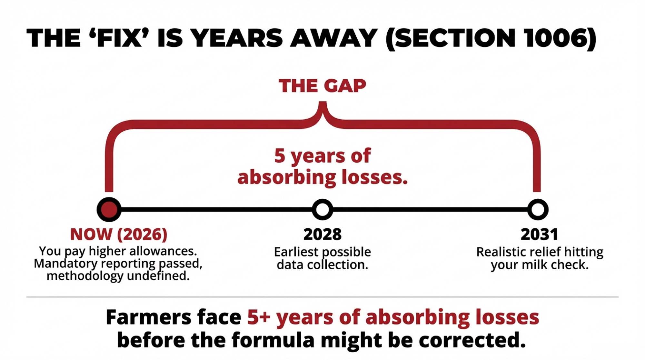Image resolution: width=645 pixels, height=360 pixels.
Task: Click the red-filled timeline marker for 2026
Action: click(109, 209)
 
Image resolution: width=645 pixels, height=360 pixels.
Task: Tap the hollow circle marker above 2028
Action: click(322, 209)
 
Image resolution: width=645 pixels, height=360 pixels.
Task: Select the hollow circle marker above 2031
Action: click(538, 209)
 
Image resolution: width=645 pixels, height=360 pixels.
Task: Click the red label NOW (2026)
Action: click(119, 234)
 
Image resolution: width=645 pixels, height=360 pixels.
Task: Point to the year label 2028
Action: click(322, 235)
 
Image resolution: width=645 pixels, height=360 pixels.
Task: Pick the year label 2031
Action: click(539, 235)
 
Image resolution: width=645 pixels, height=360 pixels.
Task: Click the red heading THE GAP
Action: click(322, 86)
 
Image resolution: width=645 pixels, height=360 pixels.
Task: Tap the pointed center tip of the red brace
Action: click(322, 103)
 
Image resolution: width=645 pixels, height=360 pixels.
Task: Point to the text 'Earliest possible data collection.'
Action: click(322, 258)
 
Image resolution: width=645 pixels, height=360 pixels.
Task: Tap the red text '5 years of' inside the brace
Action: click(322, 156)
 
